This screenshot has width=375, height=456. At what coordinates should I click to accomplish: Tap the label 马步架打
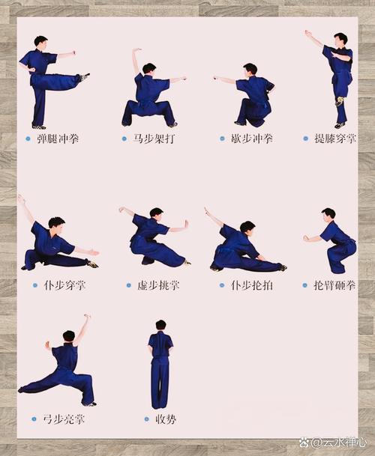coord(154,139)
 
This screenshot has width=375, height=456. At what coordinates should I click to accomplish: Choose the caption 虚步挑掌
coord(158,285)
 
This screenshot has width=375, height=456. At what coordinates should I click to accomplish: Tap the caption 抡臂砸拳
coord(334,285)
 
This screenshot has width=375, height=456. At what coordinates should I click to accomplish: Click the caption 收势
coord(166,419)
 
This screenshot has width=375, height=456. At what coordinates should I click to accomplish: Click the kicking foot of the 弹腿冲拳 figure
coord(85,76)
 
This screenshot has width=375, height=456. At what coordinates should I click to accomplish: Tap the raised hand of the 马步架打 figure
coord(136,51)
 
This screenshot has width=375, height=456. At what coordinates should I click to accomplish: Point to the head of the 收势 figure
coord(160,325)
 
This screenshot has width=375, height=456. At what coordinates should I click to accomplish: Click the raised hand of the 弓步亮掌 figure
coord(88,317)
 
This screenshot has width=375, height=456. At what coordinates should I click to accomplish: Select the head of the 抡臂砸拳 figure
coord(328,213)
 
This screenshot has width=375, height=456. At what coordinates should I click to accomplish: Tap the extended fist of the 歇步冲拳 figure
coord(215,77)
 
